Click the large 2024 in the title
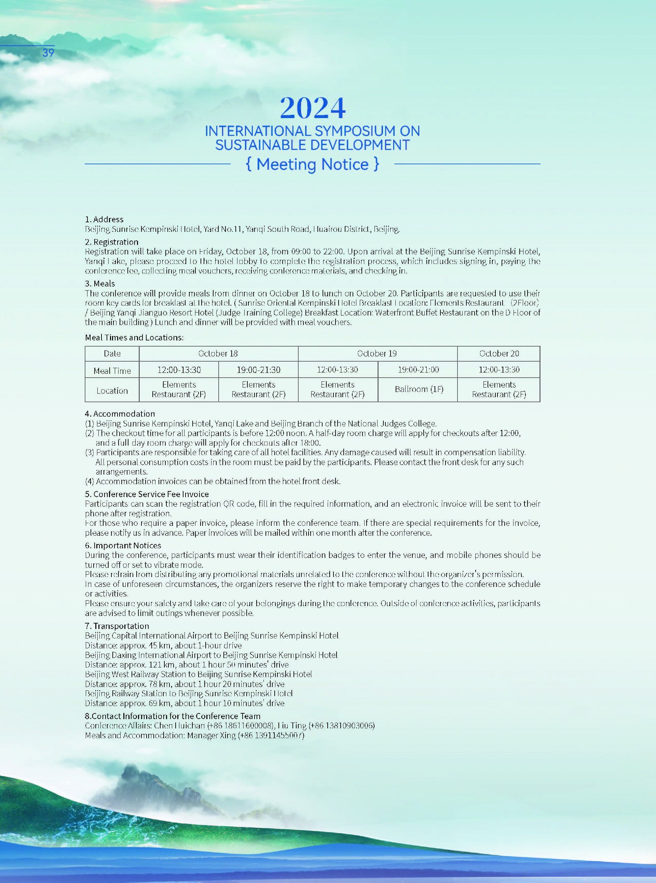(313, 108)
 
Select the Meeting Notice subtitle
(313, 164)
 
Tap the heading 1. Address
(104, 220)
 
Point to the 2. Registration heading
(112, 242)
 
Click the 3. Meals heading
(100, 284)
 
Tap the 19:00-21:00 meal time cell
(418, 370)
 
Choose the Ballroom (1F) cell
(419, 389)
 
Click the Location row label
(112, 391)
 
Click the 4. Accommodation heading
(120, 414)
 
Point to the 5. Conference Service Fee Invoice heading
(147, 494)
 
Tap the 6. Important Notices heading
(123, 546)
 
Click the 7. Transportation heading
(117, 626)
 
